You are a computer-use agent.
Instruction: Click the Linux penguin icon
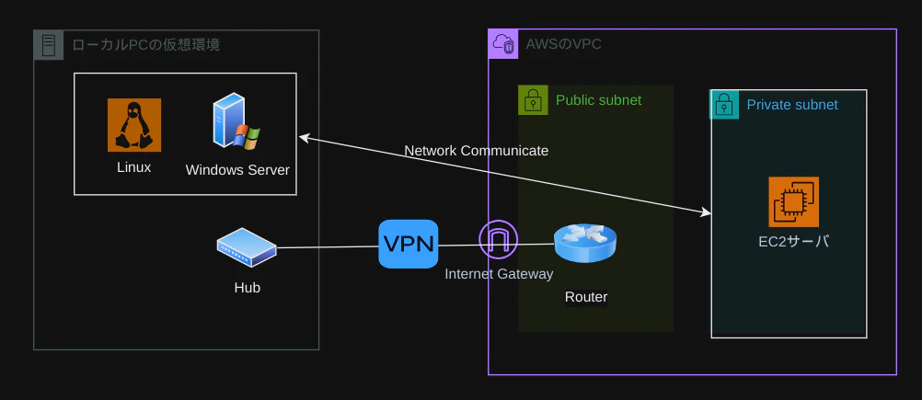(x=134, y=125)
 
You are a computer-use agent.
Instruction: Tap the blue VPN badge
(x=409, y=244)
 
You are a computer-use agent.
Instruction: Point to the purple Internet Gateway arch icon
(x=499, y=240)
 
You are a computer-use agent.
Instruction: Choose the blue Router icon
(x=585, y=243)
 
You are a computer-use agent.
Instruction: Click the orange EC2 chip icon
(x=794, y=202)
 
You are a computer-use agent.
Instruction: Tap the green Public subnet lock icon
(x=533, y=100)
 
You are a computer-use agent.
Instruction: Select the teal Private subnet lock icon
(x=724, y=105)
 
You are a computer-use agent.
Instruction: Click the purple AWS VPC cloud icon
(x=503, y=44)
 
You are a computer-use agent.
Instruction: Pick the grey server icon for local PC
(x=49, y=45)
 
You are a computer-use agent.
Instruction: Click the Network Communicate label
(x=477, y=151)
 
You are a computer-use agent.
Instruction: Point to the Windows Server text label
(x=237, y=170)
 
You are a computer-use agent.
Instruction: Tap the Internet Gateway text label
(x=499, y=274)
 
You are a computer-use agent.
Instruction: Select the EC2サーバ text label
(x=794, y=242)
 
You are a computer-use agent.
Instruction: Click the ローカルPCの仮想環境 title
(x=145, y=45)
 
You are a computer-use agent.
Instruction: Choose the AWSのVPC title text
(x=564, y=44)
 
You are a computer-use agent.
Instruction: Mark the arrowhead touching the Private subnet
(x=707, y=212)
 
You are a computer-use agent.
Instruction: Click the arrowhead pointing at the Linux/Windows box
(x=305, y=137)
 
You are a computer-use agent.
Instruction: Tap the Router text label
(x=585, y=297)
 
